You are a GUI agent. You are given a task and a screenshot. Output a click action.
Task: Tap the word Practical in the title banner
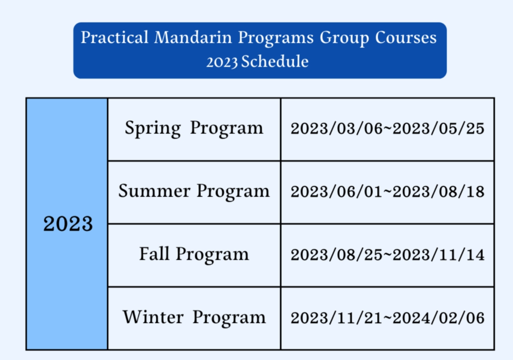[115, 37]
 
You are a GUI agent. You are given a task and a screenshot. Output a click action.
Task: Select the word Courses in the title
[406, 38]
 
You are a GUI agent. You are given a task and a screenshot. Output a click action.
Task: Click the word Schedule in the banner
[275, 62]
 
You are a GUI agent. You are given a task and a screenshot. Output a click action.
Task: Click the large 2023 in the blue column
[68, 224]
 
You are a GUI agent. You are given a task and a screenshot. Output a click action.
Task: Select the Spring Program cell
[194, 129]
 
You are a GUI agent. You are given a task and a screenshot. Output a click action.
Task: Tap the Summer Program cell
[194, 192]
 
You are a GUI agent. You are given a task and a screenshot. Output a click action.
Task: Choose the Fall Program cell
[194, 255]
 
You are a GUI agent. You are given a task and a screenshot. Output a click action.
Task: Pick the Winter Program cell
[194, 318]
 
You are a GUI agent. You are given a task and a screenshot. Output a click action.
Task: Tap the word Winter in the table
[153, 317]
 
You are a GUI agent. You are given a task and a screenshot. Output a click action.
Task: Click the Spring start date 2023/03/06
[337, 129]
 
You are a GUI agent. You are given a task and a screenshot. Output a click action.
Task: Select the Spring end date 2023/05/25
[438, 129]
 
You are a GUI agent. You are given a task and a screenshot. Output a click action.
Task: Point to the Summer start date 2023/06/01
[337, 192]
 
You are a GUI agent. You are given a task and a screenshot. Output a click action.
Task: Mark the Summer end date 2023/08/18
[438, 192]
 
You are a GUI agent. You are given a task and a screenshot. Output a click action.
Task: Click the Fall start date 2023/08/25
[337, 255]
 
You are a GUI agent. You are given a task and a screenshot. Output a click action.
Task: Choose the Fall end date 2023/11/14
[438, 255]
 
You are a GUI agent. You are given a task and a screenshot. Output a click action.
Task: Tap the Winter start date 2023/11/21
[337, 318]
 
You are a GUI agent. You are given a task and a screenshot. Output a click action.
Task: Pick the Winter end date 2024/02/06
[438, 318]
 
